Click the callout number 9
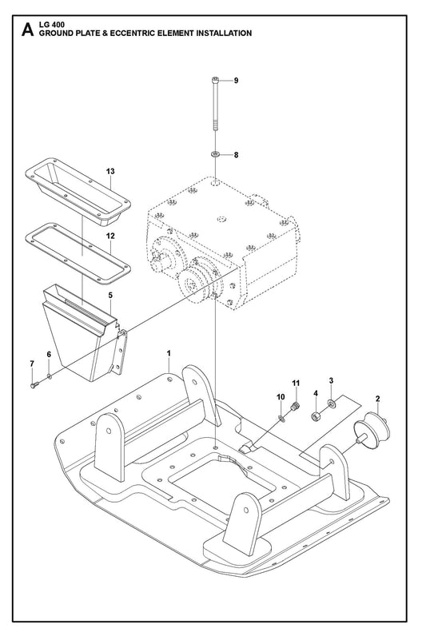point(236,81)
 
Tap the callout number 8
point(236,154)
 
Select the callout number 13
point(110,172)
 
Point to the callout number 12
point(110,236)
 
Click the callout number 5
point(110,295)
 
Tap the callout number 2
point(377,399)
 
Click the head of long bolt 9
point(215,81)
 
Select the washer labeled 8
point(216,154)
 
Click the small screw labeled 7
point(34,385)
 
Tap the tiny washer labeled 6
point(49,376)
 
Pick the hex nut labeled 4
point(316,415)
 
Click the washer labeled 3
point(332,403)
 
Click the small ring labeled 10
point(281,419)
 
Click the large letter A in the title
point(27,30)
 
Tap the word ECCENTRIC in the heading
point(131,34)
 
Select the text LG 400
point(51,26)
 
